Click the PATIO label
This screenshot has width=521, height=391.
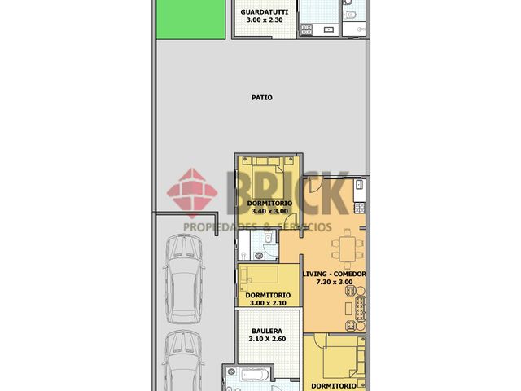point(262,98)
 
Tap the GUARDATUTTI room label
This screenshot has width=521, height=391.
point(264,12)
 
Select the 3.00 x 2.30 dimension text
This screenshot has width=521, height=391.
point(265,20)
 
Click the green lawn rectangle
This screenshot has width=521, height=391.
point(190,20)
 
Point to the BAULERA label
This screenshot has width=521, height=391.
point(267,332)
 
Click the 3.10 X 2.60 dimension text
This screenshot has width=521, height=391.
point(267,339)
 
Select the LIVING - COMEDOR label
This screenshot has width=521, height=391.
point(335,274)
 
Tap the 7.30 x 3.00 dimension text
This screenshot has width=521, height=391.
point(335,282)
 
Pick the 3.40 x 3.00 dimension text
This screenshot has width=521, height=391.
point(269,211)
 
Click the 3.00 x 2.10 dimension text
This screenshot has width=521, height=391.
point(268,303)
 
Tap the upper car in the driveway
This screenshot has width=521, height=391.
point(184,279)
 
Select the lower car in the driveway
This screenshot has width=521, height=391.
point(184,361)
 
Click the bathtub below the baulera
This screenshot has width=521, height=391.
point(255,375)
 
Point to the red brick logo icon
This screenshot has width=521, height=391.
point(192,193)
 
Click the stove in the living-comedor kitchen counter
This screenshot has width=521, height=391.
point(360,208)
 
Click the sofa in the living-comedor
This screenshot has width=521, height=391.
point(361,309)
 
